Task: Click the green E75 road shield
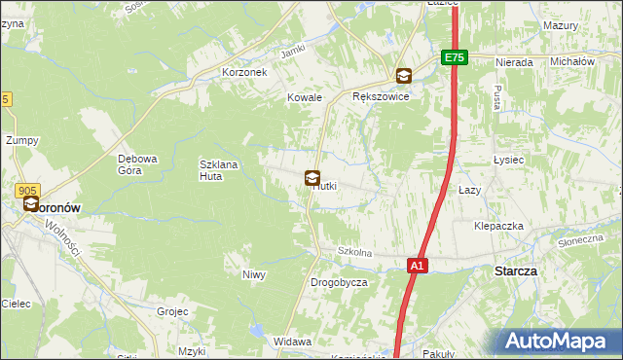pos(455,58)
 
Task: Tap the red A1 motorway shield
pos(417,265)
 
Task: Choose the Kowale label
pos(304,97)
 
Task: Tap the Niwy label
pos(254,274)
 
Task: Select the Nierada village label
pos(513,62)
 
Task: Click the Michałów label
pos(572,61)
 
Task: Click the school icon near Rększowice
pos(403,76)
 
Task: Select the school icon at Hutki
pos(312,178)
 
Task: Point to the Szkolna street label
pos(355,252)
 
